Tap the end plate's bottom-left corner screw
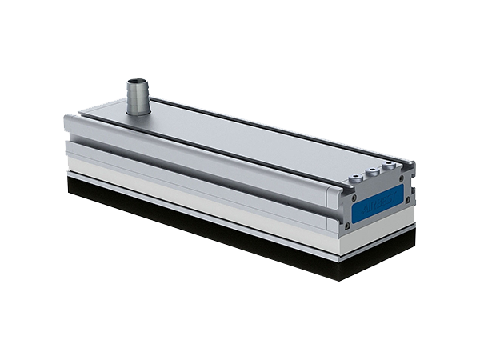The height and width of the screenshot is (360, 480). pyautogui.click(x=350, y=228)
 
